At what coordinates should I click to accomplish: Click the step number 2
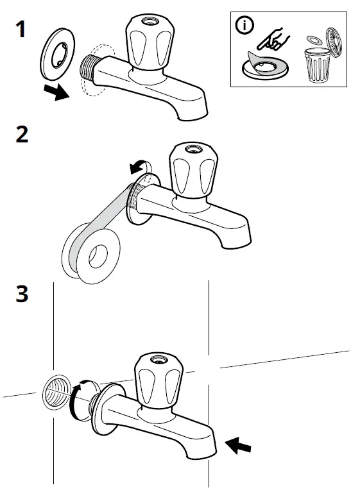pyautogui.click(x=21, y=135)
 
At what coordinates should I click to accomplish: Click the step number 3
pyautogui.click(x=22, y=294)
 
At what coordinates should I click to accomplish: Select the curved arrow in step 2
pyautogui.click(x=137, y=167)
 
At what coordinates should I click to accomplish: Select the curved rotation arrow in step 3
pyautogui.click(x=77, y=398)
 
